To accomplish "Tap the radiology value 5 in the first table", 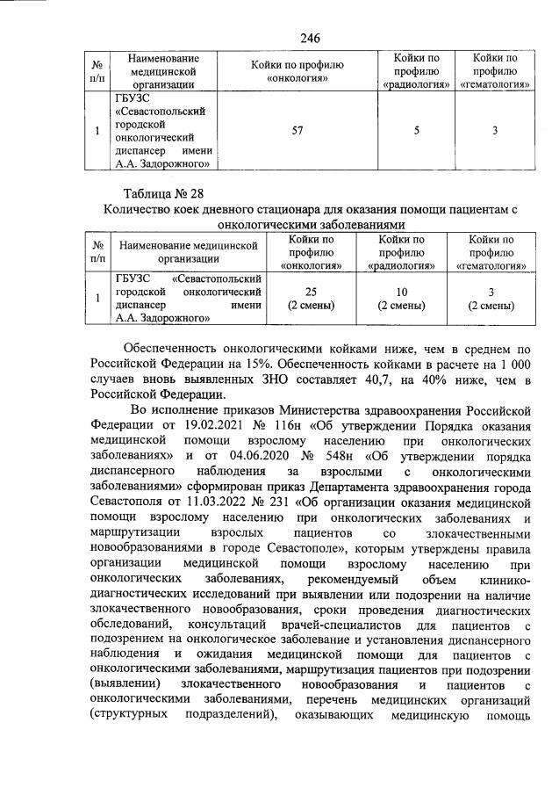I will (417, 131).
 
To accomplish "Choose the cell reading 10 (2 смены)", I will (401, 299).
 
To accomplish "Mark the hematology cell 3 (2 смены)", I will (491, 299).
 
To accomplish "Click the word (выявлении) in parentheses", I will (125, 683).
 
